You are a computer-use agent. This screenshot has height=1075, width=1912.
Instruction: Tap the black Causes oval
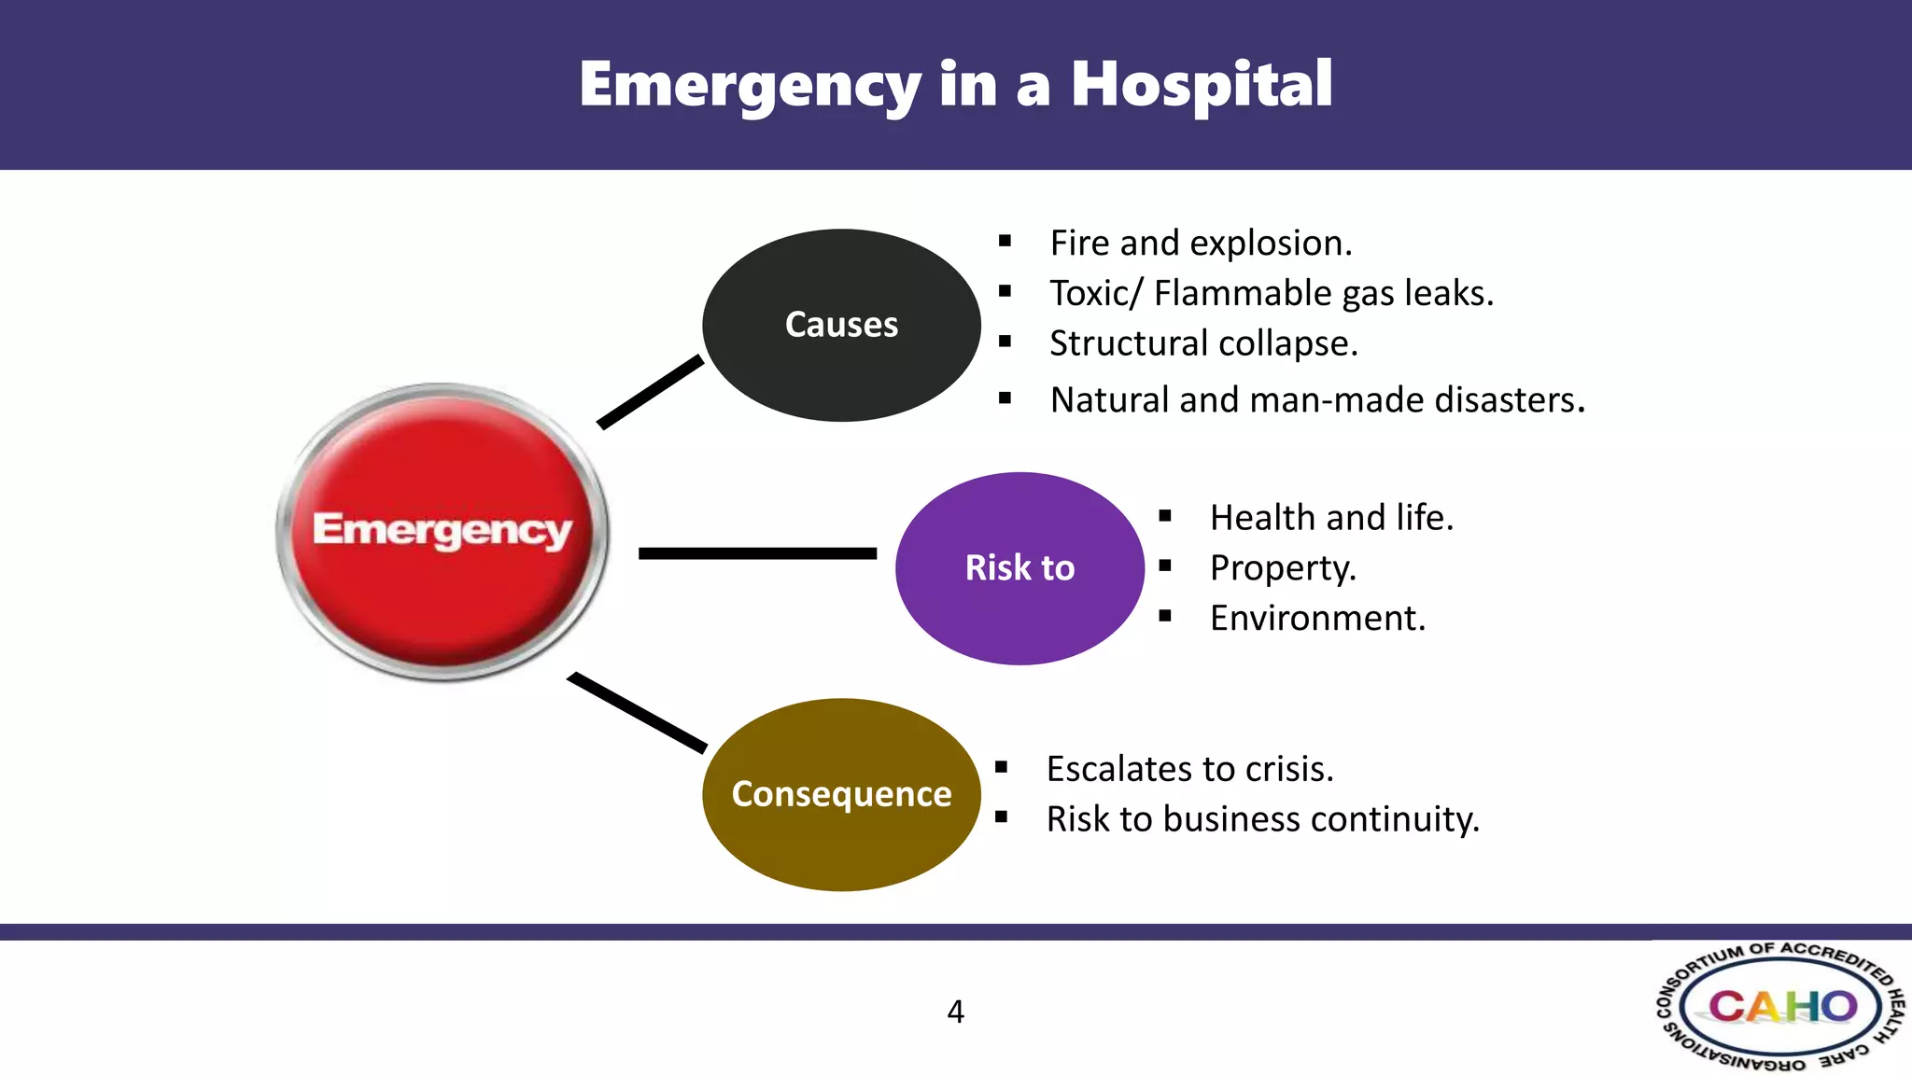841,325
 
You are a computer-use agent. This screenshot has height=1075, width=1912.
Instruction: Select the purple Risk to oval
1019,568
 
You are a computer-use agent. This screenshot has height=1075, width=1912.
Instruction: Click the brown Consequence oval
841,794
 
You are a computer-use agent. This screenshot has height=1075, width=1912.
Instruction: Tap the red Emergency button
443,530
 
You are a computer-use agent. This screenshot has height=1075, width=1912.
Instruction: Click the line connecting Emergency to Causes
651,392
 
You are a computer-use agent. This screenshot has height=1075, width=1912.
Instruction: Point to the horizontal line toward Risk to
757,553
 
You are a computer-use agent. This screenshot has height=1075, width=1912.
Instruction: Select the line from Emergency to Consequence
637,712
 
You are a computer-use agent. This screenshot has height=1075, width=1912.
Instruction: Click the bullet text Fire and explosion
1201,244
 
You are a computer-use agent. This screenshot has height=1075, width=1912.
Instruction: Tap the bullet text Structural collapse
1202,344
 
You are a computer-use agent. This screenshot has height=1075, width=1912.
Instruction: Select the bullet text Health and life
1331,518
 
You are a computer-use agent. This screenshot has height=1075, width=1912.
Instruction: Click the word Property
1282,568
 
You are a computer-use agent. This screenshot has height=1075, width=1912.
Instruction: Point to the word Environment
1316,619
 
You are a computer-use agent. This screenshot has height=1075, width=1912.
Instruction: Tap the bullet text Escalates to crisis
1189,770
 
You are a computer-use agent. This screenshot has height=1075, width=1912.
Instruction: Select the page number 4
955,1012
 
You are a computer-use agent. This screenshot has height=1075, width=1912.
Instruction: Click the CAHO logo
1781,1007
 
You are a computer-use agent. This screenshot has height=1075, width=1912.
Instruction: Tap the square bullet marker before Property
1164,565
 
